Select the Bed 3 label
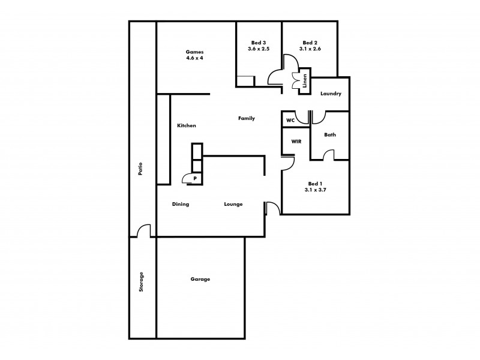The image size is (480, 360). [x=259, y=43]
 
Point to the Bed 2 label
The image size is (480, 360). [x=310, y=43]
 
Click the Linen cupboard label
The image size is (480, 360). [x=305, y=81]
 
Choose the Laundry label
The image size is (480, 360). [x=331, y=94]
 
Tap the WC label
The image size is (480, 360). [x=290, y=120]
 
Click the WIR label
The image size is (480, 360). [x=296, y=142]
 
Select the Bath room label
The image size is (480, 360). [x=330, y=135]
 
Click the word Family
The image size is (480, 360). [x=247, y=118]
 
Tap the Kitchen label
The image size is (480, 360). [x=187, y=125]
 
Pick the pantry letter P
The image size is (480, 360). [x=195, y=179]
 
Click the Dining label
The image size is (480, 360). [x=181, y=204]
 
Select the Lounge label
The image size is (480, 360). [x=233, y=204]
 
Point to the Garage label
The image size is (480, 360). [x=200, y=279]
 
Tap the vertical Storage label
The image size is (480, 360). [x=142, y=282]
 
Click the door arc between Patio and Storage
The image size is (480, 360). [x=143, y=231]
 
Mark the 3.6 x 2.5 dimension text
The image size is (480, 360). [x=259, y=49]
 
